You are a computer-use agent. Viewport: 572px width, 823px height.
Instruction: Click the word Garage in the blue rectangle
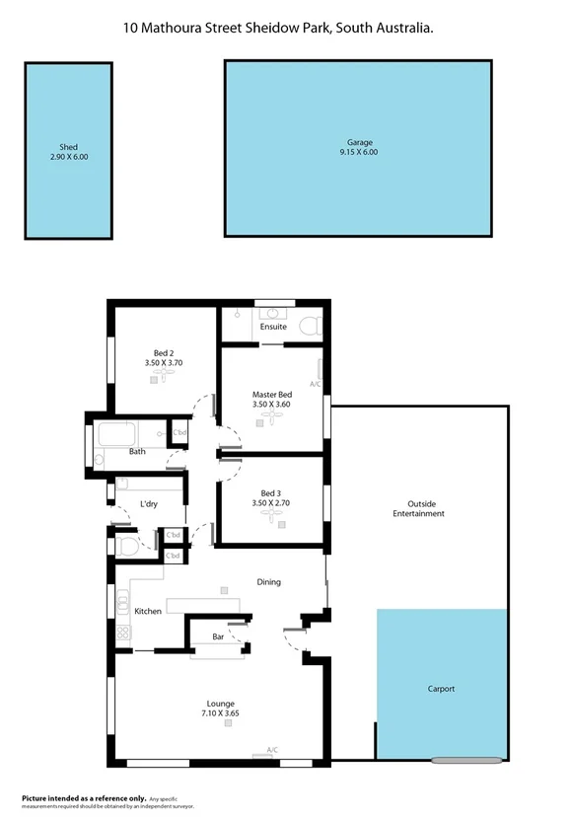pos(359,142)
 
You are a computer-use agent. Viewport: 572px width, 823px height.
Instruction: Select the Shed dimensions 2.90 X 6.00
pos(69,156)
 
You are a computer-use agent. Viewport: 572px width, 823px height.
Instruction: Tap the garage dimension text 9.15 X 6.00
pos(359,152)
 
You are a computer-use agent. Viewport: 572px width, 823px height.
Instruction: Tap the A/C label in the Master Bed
pos(316,384)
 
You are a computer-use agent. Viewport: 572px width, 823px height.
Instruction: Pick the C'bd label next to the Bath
pos(180,432)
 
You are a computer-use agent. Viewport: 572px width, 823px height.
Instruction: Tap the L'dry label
pos(149,504)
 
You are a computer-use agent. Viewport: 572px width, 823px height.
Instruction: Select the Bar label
pos(218,636)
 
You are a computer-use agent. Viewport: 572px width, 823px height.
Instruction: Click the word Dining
pos(269,582)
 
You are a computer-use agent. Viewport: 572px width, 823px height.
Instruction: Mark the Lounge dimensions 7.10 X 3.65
pos(221,713)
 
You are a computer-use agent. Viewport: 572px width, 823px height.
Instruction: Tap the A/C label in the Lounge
pos(272,750)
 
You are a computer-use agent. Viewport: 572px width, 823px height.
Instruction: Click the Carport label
pos(441,689)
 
